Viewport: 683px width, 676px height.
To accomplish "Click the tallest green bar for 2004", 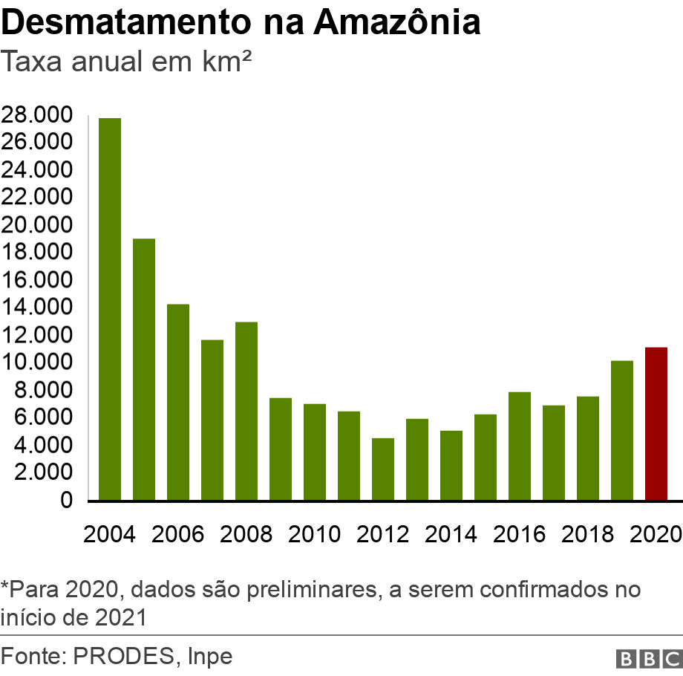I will click(x=110, y=309).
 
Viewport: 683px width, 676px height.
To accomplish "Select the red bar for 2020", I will click(x=656, y=424).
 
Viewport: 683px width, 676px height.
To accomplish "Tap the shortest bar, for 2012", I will click(x=383, y=469).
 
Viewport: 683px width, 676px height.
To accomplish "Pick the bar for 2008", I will click(x=246, y=412).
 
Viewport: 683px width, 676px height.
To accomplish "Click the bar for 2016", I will click(x=520, y=446).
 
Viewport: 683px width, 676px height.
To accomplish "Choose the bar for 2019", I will click(x=622, y=431).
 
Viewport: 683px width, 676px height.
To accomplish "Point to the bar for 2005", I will click(x=144, y=369).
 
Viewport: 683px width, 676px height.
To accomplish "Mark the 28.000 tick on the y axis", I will click(x=37, y=115).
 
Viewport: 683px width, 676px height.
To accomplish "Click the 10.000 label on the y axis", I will click(x=37, y=363).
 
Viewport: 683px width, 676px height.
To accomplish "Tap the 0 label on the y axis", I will click(x=67, y=501).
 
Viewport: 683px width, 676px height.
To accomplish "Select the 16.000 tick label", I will click(x=37, y=280).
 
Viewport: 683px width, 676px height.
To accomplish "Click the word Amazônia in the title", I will click(x=396, y=23).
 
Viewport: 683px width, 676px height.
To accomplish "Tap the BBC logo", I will click(x=648, y=658).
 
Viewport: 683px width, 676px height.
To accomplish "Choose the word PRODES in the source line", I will click(x=124, y=657).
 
